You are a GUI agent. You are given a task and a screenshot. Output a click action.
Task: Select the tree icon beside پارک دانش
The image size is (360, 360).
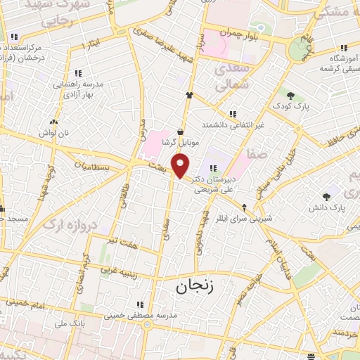click(x=326, y=197)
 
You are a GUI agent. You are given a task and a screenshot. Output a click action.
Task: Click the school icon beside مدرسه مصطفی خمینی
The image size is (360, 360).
click(x=140, y=304)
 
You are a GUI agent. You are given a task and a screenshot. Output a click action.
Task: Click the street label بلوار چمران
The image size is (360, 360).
click(x=254, y=34)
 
